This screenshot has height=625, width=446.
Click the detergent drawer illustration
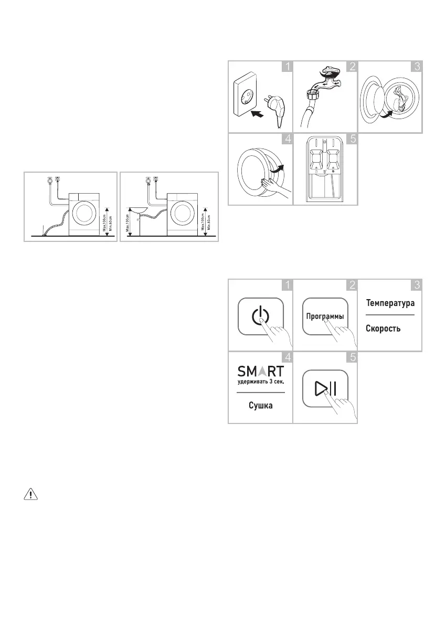(x=324, y=168)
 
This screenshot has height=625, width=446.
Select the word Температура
(x=390, y=303)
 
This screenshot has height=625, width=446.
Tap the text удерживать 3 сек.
(x=261, y=382)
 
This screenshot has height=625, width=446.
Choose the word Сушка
(x=260, y=406)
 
